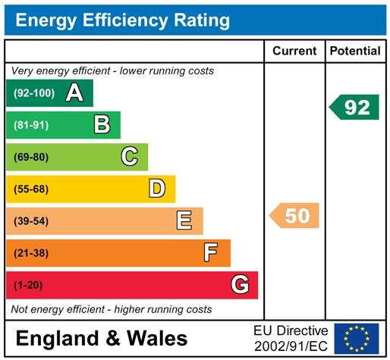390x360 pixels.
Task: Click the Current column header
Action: tap(294, 51)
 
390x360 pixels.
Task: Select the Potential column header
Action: tap(355, 51)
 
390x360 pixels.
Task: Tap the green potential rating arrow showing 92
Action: tap(354, 107)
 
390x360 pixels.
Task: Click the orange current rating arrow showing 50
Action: tap(294, 215)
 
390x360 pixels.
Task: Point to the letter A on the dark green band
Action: tap(74, 92)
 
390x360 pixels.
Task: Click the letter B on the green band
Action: tap(102, 124)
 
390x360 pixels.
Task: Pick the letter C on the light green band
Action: tap(130, 156)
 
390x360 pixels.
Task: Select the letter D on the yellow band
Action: tap(157, 189)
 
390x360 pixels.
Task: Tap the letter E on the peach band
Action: tap(184, 221)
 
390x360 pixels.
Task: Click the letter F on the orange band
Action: tap(211, 252)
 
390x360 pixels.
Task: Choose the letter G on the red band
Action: tap(240, 284)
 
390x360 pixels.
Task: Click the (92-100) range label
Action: tap(34, 93)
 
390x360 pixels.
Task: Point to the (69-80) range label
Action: tap(31, 157)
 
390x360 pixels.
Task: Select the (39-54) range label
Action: tap(31, 221)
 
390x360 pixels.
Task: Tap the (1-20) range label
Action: tap(28, 285)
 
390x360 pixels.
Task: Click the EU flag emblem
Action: tap(357, 339)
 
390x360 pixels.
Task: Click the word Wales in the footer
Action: tap(157, 338)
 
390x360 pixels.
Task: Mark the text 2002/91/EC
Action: tap(291, 346)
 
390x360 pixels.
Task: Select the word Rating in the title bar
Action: tap(202, 20)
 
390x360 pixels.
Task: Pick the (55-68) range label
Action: tap(31, 189)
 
